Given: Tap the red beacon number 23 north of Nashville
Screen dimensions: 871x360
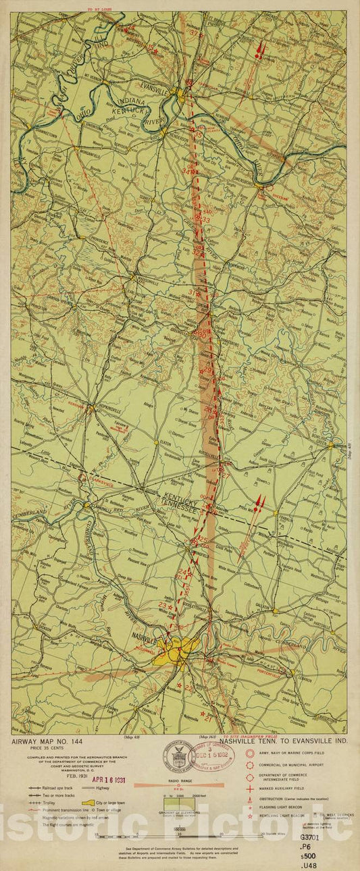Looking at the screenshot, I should click(x=162, y=605).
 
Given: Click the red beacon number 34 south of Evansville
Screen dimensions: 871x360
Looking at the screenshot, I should click(x=186, y=171).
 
